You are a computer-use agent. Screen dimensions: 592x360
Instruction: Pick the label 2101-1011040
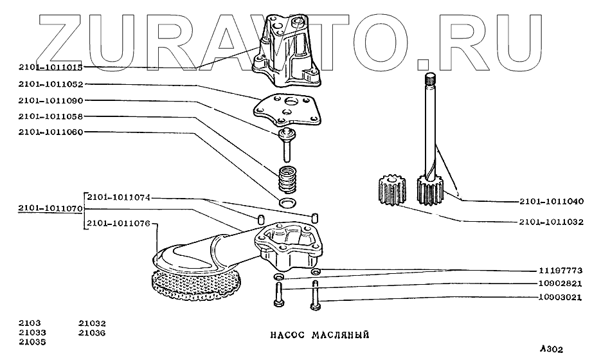click(551, 201)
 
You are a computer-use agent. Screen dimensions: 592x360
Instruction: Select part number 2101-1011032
click(551, 222)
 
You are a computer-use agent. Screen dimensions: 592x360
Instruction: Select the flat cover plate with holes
click(286, 109)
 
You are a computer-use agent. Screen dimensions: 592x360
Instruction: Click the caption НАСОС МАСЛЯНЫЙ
click(318, 335)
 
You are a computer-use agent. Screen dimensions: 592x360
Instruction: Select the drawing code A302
click(552, 350)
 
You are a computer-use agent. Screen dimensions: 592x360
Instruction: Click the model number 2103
click(28, 323)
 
